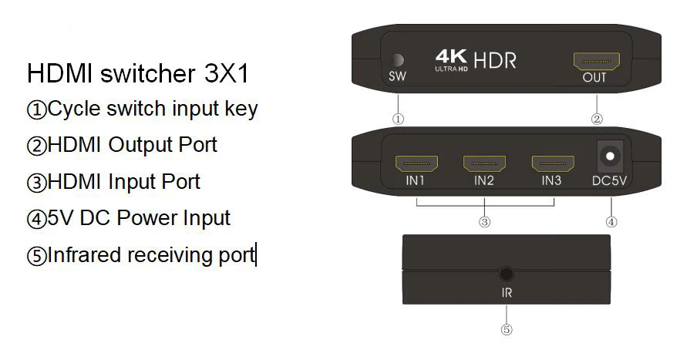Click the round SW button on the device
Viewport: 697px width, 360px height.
click(398, 60)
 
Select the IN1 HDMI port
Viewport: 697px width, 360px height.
click(416, 163)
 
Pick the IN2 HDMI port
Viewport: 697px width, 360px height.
click(484, 163)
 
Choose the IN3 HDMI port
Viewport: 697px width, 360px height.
click(551, 163)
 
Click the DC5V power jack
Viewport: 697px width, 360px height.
click(611, 157)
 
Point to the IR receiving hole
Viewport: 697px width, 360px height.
click(507, 273)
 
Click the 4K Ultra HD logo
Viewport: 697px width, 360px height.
click(451, 60)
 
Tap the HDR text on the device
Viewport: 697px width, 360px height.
click(495, 60)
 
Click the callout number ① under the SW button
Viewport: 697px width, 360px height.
click(398, 119)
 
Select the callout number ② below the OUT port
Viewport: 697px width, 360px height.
click(596, 119)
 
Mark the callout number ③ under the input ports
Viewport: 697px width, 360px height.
click(485, 222)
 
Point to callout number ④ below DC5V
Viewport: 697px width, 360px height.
click(611, 222)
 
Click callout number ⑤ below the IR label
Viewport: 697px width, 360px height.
click(507, 329)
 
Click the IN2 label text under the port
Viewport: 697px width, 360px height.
click(484, 182)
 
